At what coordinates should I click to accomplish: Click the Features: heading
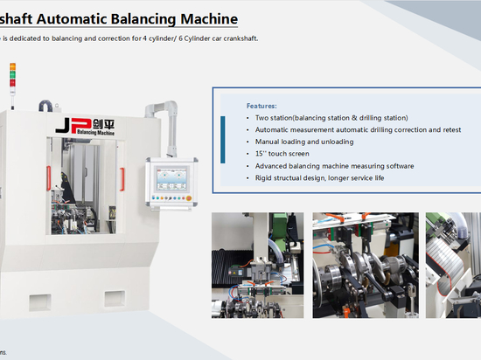click(261, 105)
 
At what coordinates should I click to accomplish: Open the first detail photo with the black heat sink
click(258, 253)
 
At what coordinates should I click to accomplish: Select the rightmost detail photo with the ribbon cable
click(453, 253)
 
